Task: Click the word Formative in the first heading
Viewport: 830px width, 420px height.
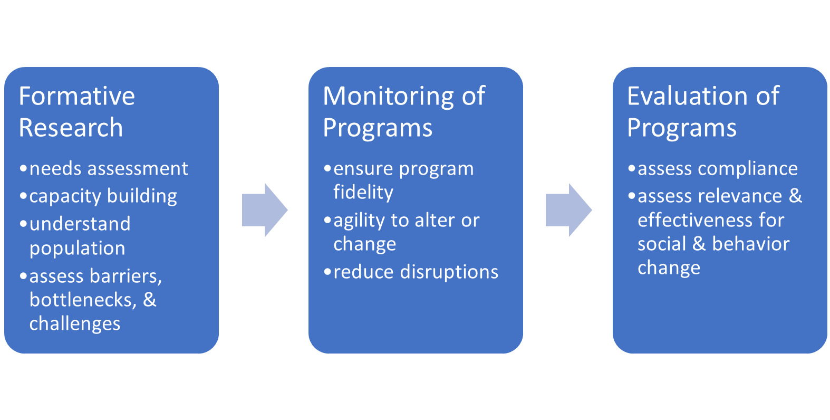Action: (x=77, y=97)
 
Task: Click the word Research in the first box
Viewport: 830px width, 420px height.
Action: (x=71, y=128)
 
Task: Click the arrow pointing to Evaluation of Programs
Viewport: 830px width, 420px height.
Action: (x=568, y=210)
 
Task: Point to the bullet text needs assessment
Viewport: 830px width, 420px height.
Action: (x=109, y=169)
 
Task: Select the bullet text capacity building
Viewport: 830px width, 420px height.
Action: (x=103, y=196)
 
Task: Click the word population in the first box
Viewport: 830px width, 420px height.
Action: (x=78, y=249)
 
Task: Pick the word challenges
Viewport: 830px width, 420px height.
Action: (x=75, y=324)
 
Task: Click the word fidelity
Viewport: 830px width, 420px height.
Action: (x=363, y=193)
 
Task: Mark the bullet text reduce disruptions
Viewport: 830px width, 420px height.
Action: (x=416, y=272)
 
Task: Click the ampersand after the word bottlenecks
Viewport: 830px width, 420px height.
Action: (x=150, y=300)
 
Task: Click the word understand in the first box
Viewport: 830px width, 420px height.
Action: (x=80, y=224)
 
